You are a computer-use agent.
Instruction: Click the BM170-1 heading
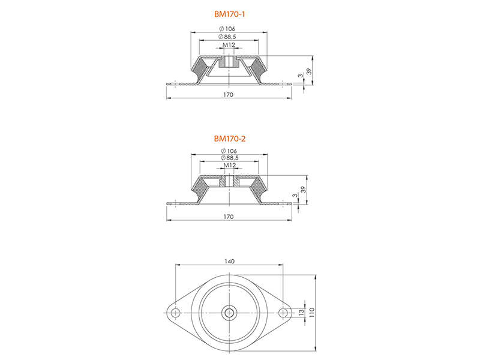click(x=229, y=14)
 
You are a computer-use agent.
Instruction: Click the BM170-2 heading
click(x=230, y=139)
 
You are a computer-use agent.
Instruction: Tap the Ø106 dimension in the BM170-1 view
click(x=227, y=29)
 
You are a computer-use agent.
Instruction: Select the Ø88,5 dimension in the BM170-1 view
click(x=227, y=37)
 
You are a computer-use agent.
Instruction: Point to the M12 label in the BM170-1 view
click(x=229, y=45)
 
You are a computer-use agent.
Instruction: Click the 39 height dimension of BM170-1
click(x=309, y=71)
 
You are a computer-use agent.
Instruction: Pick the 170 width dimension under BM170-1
click(x=229, y=95)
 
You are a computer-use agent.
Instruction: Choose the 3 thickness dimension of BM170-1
click(x=301, y=76)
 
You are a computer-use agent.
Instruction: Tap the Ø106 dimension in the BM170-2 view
click(x=229, y=151)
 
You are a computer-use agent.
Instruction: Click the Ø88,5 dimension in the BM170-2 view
click(x=230, y=158)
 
